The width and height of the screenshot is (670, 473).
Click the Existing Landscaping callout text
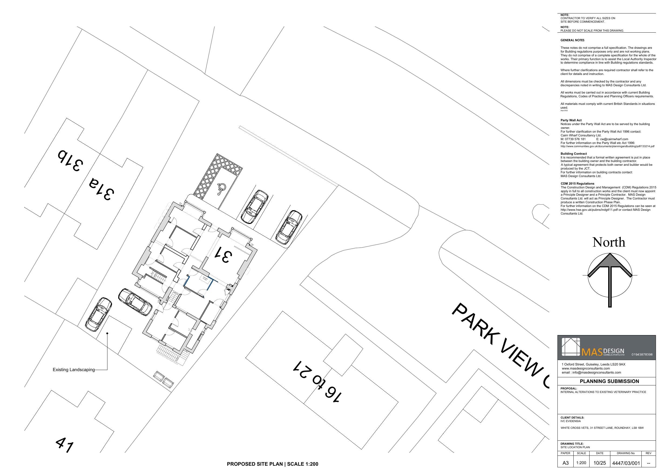(73, 370)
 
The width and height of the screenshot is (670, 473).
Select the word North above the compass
(609, 243)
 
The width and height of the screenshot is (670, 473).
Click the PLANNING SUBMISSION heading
(609, 381)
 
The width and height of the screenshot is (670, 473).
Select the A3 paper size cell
(565, 463)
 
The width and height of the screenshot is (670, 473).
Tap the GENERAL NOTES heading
(572, 40)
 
